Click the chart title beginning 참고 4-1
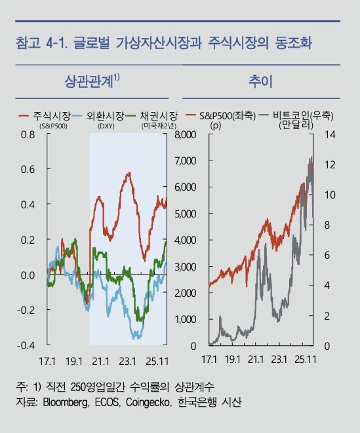[x=163, y=44]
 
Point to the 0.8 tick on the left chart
[x=27, y=135]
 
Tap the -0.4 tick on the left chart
[x=26, y=345]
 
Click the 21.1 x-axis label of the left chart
[x=100, y=360]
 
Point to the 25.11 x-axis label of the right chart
[x=305, y=360]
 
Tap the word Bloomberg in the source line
[x=69, y=401]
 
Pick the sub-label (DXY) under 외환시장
[x=106, y=124]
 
